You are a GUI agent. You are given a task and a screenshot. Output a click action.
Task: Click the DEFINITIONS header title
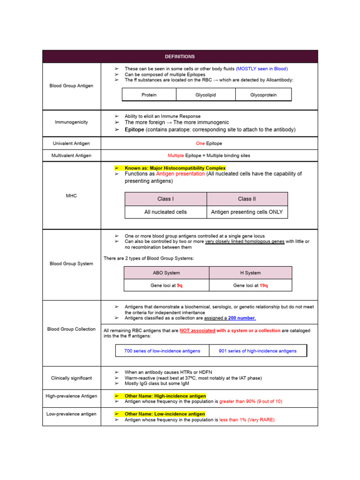click(x=180, y=57)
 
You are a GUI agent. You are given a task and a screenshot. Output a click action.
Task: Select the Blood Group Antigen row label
click(x=71, y=86)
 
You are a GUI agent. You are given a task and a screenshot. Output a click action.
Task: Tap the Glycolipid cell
click(x=206, y=95)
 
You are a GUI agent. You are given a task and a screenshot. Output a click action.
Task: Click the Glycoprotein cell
click(x=263, y=95)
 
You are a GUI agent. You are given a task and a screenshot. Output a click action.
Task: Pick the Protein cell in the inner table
click(x=149, y=95)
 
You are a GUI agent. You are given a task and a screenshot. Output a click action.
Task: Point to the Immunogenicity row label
click(x=71, y=122)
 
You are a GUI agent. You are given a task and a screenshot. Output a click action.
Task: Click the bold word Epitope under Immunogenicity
click(x=135, y=129)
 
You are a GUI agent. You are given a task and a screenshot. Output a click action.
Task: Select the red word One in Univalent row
click(x=200, y=143)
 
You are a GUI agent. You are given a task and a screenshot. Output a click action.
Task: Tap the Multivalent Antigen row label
click(x=71, y=155)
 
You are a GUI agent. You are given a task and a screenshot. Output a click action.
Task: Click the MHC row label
click(x=71, y=195)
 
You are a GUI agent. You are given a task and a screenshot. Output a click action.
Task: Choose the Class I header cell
click(x=165, y=199)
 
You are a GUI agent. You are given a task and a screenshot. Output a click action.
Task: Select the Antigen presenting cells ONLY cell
click(x=247, y=212)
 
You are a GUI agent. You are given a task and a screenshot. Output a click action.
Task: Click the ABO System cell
click(x=166, y=273)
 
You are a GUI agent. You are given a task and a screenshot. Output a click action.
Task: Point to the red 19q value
click(x=263, y=285)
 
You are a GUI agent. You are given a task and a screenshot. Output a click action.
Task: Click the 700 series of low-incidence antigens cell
click(x=162, y=351)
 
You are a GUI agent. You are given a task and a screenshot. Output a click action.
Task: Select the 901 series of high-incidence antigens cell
click(x=258, y=351)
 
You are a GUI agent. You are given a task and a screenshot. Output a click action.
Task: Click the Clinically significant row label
click(x=71, y=378)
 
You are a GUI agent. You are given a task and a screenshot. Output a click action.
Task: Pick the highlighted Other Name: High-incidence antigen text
click(x=165, y=396)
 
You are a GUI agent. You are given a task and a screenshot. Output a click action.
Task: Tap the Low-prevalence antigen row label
click(x=71, y=414)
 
